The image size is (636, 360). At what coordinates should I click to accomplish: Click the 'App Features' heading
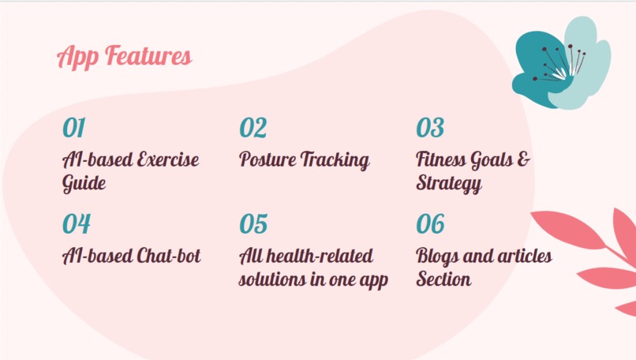(124, 57)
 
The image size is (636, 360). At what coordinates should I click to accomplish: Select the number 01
(73, 128)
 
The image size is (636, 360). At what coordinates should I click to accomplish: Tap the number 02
(253, 128)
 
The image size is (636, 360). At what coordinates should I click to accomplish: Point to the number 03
(430, 128)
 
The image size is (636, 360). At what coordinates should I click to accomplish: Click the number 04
(76, 224)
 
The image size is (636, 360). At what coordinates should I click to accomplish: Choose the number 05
(253, 224)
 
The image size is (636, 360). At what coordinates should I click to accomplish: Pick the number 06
(430, 224)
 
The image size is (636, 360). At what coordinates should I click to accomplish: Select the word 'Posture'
(266, 160)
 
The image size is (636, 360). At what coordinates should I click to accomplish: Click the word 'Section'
(443, 280)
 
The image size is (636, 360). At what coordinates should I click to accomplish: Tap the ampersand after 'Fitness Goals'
(523, 160)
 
